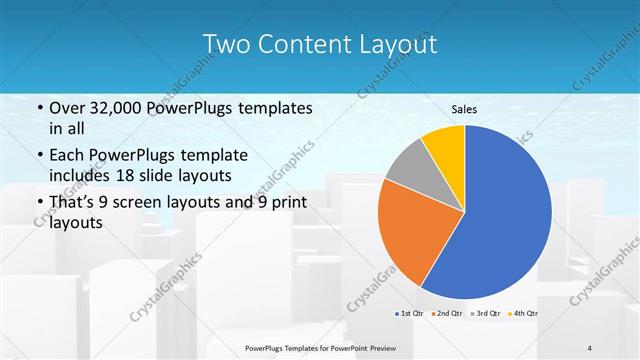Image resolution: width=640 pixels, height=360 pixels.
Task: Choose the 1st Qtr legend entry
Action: coord(409,314)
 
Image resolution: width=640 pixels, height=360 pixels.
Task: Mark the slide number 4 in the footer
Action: coord(590,347)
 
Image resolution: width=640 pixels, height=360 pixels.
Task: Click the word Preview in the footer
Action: coord(393,347)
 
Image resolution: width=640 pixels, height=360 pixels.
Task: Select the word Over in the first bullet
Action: coord(67,107)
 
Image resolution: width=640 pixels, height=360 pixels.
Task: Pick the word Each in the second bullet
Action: coord(67,155)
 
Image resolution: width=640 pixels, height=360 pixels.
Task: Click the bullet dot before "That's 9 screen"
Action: coord(38,204)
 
